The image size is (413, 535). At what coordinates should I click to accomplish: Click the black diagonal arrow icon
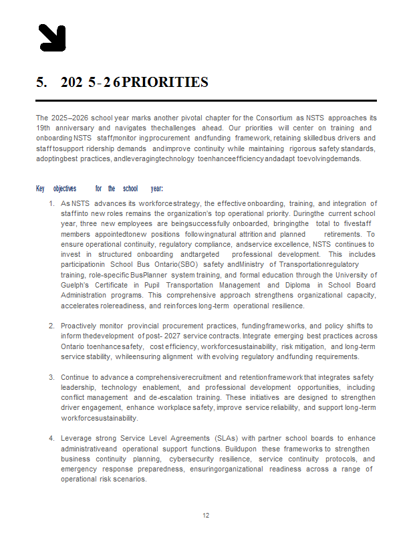tap(51, 37)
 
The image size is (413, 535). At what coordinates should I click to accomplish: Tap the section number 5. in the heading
tap(41, 82)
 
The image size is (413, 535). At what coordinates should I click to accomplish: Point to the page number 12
tap(206, 515)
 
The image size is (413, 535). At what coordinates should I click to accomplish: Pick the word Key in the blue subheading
tap(40, 189)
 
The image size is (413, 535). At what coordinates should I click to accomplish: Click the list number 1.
tap(51, 203)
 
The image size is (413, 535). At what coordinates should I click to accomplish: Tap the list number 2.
tap(51, 326)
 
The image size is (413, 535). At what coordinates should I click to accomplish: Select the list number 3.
tap(51, 377)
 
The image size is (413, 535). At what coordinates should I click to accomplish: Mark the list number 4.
tap(51, 439)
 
